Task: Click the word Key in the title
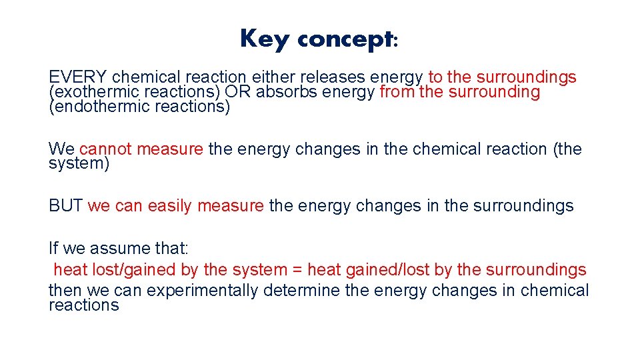point(265,39)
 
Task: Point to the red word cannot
point(107,149)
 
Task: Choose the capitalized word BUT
point(65,205)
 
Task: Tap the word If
point(53,248)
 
